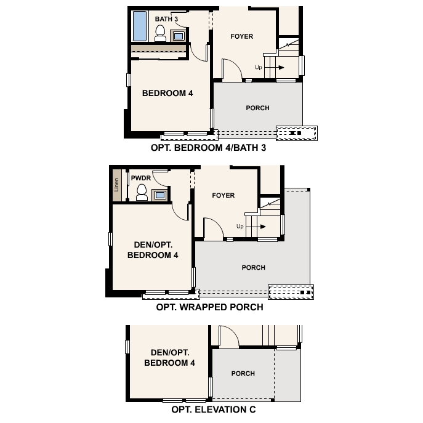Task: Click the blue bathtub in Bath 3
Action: pos(140,26)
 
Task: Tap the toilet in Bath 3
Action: pos(160,33)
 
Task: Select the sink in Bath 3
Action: pos(178,36)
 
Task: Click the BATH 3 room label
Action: pos(166,19)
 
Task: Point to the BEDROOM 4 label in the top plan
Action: pos(167,94)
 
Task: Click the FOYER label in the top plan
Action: pos(242,36)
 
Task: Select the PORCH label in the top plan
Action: pos(257,108)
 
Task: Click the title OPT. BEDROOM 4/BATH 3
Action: pos(208,148)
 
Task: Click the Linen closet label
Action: pos(116,185)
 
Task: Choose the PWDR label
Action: pos(141,178)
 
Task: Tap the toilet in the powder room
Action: pos(142,192)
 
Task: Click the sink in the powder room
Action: pos(159,195)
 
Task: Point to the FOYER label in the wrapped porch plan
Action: pos(224,195)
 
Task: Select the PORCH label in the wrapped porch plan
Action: pos(254,268)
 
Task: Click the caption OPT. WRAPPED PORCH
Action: pos(209,307)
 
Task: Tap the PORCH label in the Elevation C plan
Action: pos(243,374)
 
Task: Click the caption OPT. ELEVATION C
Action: pos(214,409)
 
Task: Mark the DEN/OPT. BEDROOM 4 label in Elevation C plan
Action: pos(169,358)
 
